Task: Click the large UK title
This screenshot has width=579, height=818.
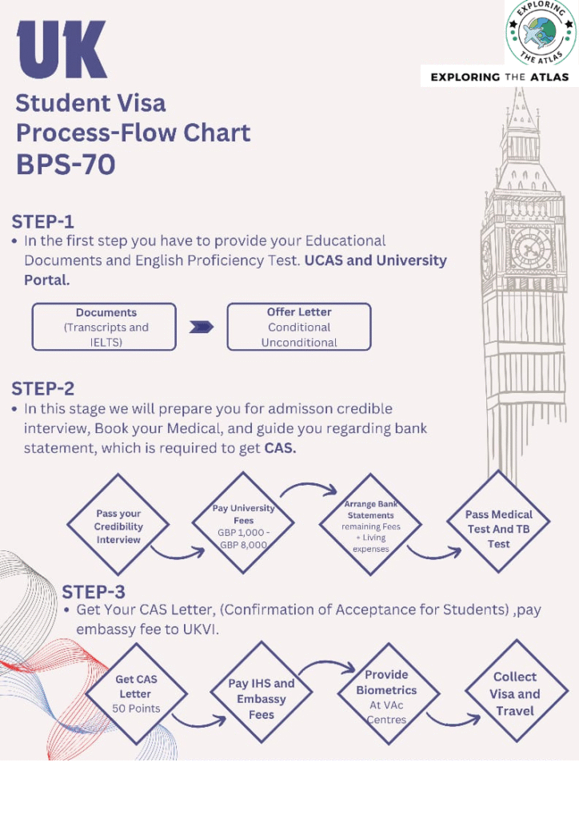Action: pos(62,50)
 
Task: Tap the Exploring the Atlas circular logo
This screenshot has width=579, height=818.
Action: pos(541,34)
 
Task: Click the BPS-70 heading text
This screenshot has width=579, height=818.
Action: pos(66,165)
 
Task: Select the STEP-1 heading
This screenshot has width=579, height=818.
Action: pos(43,221)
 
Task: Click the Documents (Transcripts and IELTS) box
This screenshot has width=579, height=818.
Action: pos(104,327)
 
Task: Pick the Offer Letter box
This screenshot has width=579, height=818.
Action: pos(299,327)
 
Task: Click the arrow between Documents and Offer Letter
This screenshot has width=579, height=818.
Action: pos(202,327)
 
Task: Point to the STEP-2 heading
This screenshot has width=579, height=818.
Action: pos(43,389)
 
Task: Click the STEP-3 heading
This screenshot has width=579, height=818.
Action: pos(94,592)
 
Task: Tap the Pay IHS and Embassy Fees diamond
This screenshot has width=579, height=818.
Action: pos(262,698)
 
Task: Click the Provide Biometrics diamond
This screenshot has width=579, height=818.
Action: pos(387,696)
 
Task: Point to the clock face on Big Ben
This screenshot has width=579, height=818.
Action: pos(531,248)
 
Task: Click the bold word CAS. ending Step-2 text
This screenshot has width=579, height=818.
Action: pos(280,448)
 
